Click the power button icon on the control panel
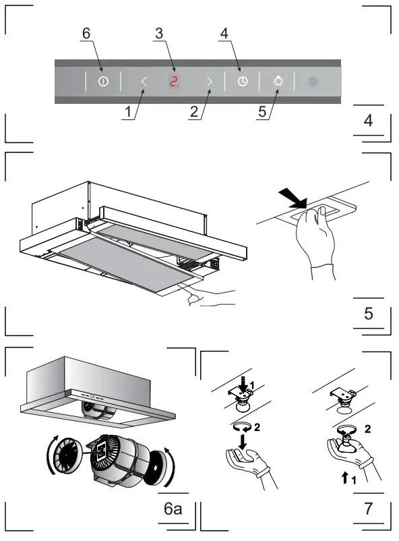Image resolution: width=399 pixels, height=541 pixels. [x=102, y=81]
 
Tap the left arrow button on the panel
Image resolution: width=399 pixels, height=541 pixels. [x=144, y=82]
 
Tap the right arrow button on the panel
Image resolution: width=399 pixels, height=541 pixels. [x=209, y=82]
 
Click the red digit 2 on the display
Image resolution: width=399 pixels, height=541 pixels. [x=173, y=82]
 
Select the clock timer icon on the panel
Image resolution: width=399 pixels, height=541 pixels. [x=242, y=82]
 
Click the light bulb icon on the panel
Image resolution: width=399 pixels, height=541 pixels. [x=278, y=82]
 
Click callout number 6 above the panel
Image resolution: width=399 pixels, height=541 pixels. [x=86, y=33]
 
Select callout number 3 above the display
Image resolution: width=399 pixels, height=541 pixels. [x=158, y=33]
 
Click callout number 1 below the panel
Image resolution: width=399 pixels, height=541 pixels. [x=126, y=113]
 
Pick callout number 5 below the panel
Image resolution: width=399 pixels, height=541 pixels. [x=262, y=113]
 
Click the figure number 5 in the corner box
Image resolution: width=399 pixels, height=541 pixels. [x=368, y=314]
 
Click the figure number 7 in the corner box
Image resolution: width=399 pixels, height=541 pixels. [x=368, y=509]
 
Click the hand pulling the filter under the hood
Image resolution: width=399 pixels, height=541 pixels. [x=209, y=295]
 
